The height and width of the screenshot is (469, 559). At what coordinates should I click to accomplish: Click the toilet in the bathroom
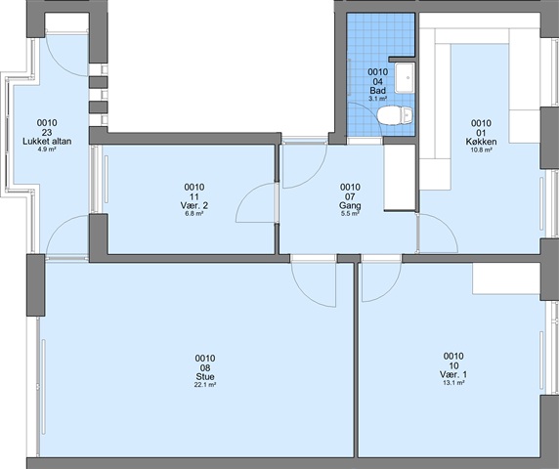click(396, 115)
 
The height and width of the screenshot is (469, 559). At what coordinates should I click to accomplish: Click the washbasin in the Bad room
click(405, 78)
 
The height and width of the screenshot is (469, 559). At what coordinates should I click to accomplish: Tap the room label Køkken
click(481, 142)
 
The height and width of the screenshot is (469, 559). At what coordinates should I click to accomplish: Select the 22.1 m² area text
click(205, 385)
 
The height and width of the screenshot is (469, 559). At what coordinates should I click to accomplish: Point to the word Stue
click(205, 377)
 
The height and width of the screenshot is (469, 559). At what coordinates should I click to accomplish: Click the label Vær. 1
click(453, 374)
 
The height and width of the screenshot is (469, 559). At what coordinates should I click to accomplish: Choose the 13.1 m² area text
click(453, 383)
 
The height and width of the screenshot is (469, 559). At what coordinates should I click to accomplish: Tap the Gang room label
click(350, 205)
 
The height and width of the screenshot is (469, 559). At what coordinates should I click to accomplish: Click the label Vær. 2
click(194, 205)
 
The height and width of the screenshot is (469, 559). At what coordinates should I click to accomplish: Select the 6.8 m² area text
click(194, 214)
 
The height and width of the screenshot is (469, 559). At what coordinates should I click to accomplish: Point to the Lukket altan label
click(47, 141)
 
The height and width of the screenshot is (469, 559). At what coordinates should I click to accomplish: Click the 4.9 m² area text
click(47, 149)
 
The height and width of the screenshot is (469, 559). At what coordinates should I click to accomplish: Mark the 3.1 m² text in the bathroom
click(378, 99)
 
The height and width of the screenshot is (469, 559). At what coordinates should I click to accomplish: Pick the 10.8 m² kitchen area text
click(481, 150)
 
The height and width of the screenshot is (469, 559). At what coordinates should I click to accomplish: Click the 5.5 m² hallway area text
click(350, 214)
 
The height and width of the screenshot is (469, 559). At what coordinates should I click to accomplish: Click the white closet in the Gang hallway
click(400, 178)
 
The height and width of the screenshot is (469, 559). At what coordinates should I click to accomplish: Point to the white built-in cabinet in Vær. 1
click(506, 278)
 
